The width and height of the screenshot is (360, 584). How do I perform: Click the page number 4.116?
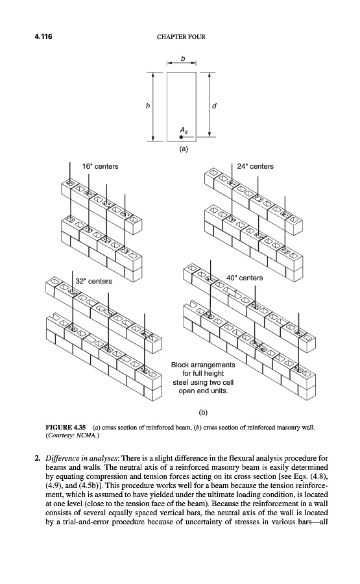[x=43, y=36]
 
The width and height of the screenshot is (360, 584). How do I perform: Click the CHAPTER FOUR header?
[x=181, y=37]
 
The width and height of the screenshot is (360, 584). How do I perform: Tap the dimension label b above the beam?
[x=182, y=58]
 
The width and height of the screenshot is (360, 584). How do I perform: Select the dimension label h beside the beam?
[x=148, y=106]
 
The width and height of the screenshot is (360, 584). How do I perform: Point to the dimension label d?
[x=214, y=106]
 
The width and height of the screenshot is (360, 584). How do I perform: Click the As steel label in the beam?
[x=184, y=130]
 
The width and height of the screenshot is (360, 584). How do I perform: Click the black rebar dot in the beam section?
[x=182, y=137]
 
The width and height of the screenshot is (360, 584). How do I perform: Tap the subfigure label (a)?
[x=184, y=149]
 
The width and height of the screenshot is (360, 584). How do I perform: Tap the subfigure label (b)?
[x=203, y=412]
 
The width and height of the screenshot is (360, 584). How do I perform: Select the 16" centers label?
[x=100, y=167]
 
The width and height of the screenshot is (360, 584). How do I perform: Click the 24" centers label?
[x=256, y=167]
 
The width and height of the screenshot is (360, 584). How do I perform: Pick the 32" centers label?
[x=94, y=281]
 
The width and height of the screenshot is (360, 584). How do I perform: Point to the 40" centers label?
[x=245, y=278]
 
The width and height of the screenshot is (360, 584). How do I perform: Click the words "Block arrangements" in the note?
[x=203, y=365]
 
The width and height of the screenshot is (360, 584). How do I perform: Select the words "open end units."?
[x=203, y=391]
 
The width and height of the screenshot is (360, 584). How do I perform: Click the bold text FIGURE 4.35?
[x=66, y=427]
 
